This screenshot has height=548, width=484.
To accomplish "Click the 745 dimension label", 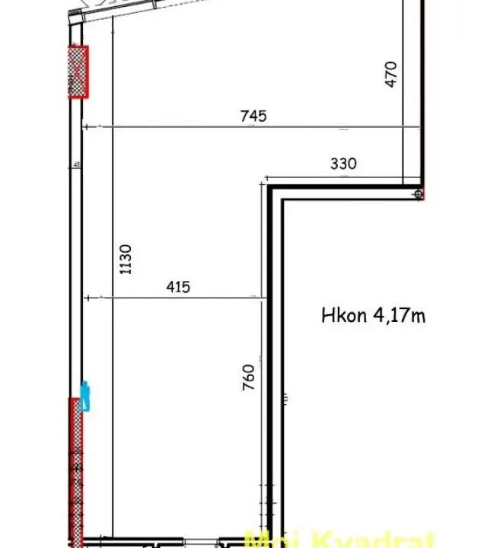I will pyautogui.click(x=253, y=116).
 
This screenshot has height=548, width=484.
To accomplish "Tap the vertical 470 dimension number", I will pyautogui.click(x=391, y=74).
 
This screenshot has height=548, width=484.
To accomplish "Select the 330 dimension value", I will pyautogui.click(x=343, y=163).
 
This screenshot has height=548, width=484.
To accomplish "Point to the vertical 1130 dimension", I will pyautogui.click(x=126, y=259).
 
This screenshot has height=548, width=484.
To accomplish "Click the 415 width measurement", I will pyautogui.click(x=177, y=287).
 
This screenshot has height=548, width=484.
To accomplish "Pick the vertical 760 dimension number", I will pyautogui.click(x=249, y=377).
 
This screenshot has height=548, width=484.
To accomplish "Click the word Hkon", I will pyautogui.click(x=344, y=315).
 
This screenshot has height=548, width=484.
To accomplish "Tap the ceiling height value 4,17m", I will pyautogui.click(x=399, y=315).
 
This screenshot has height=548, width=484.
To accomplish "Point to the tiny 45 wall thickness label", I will pyautogui.click(x=77, y=164).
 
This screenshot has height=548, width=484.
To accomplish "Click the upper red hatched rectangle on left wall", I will pyautogui.click(x=78, y=72).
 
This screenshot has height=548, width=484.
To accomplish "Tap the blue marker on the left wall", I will pyautogui.click(x=85, y=396).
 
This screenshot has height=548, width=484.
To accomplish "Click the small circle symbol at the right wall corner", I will pyautogui.click(x=419, y=195).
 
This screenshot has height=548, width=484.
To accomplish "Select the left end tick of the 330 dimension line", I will pyautogui.click(x=266, y=176).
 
